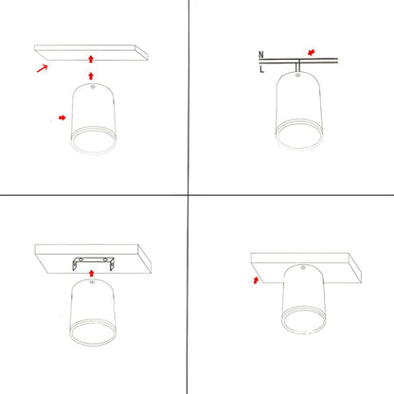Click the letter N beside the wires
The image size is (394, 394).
click(x=261, y=56)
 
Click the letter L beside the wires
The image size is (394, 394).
click(x=261, y=68)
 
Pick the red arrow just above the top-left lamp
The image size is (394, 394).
click(x=91, y=76)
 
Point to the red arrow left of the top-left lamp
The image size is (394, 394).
click(x=63, y=118)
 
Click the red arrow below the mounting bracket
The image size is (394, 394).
click(x=91, y=273)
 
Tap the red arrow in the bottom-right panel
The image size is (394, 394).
click(x=256, y=279)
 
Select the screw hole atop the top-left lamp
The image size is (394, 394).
click(x=92, y=91)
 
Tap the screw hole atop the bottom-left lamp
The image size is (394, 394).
click(x=91, y=290)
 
